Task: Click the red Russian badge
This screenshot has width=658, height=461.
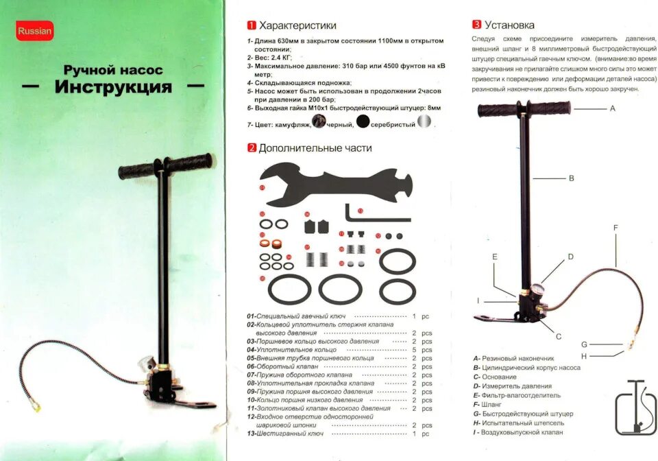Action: coord(34,31)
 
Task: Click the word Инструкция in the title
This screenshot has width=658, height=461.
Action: coord(114,87)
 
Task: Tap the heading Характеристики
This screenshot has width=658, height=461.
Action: coord(297,25)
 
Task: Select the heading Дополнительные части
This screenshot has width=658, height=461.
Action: coord(315,147)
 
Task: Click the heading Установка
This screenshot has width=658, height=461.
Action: coord(509,25)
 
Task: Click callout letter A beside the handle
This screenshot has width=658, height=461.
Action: coord(612,108)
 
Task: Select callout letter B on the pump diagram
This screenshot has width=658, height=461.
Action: coord(571,178)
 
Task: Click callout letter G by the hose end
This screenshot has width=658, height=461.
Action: coord(584,344)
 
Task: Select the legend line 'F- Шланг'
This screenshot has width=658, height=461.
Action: coord(487,405)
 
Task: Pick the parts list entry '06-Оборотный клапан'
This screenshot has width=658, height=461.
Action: coord(281,367)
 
